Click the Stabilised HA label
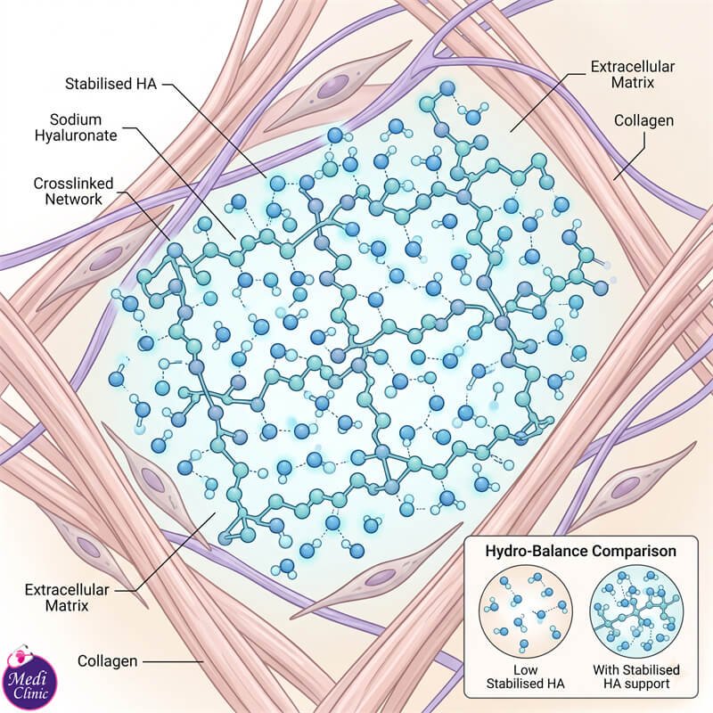(x=111, y=84)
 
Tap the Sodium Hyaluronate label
(x=76, y=127)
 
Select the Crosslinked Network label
(x=74, y=192)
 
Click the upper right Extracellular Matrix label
(x=633, y=75)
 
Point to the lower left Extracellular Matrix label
(x=67, y=597)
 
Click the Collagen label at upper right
(x=643, y=120)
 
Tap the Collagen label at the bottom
(x=107, y=660)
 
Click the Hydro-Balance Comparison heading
(x=581, y=551)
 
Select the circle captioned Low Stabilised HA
(x=525, y=612)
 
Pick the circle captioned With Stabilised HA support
(x=636, y=612)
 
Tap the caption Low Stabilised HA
(x=525, y=676)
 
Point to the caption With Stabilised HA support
(x=636, y=676)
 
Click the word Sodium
(x=76, y=119)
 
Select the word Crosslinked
(x=74, y=184)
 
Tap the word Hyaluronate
(x=76, y=135)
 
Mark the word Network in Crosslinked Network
(x=74, y=199)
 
